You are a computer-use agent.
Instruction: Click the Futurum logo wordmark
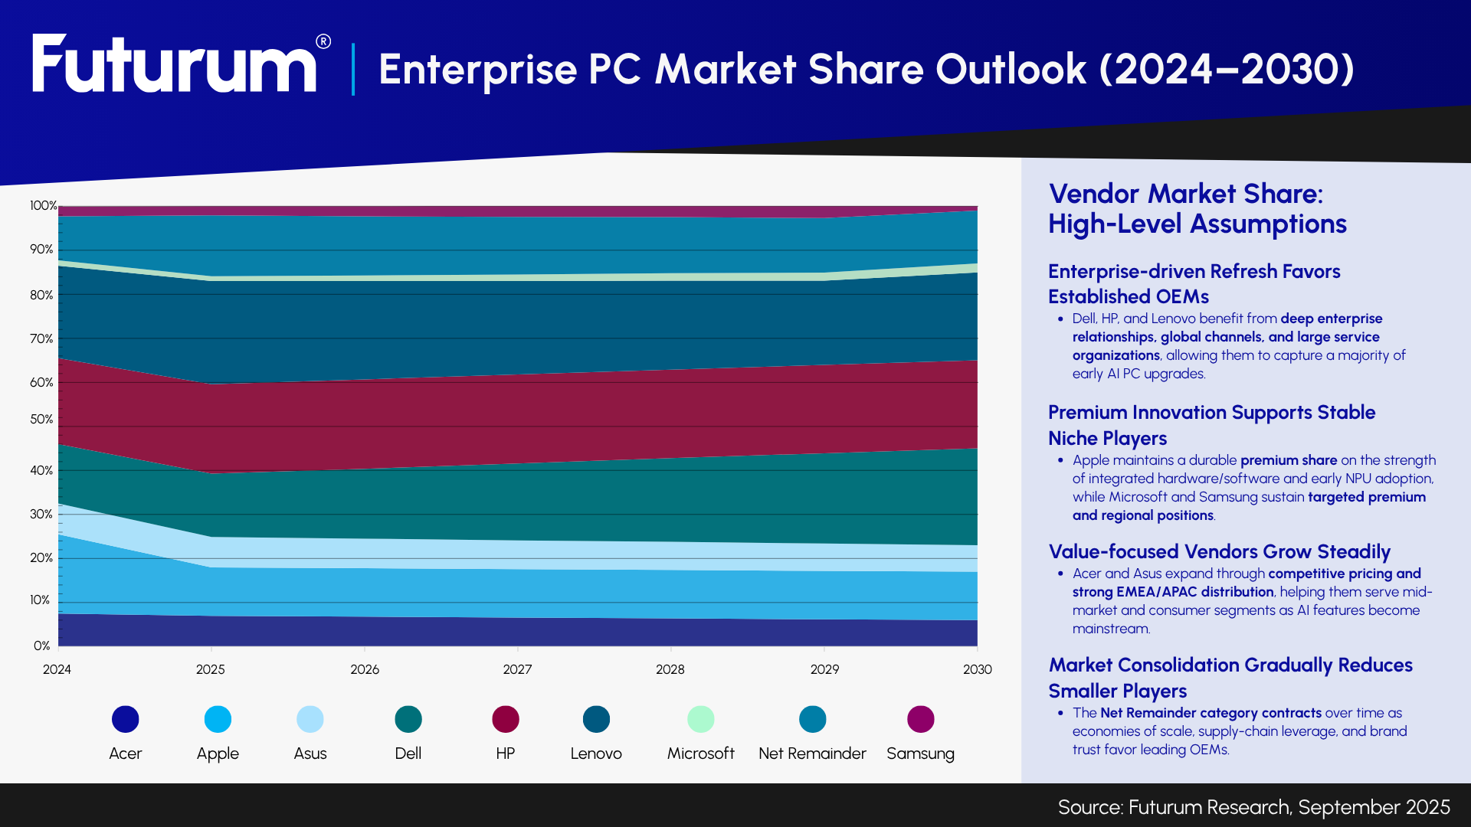click(x=174, y=65)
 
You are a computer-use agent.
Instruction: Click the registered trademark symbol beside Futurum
click(x=323, y=41)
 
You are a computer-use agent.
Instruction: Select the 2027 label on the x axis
click(x=517, y=669)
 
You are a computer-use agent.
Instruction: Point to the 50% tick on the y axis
click(x=41, y=420)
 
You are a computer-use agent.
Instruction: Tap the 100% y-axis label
click(x=43, y=205)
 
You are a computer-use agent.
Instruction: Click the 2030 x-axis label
click(x=977, y=669)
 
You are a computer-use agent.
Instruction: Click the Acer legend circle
click(x=126, y=719)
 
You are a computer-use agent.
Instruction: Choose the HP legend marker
click(x=506, y=719)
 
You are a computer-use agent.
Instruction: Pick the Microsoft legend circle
click(x=700, y=719)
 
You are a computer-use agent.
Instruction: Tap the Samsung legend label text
click(x=920, y=753)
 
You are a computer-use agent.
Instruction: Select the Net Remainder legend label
click(x=812, y=753)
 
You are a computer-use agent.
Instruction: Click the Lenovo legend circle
click(x=596, y=719)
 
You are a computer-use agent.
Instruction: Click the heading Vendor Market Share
click(x=1185, y=194)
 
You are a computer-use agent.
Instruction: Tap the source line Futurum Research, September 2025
click(x=1253, y=807)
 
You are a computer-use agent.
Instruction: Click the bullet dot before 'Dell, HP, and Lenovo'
click(x=1060, y=319)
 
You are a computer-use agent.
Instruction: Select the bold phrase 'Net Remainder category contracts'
click(x=1211, y=713)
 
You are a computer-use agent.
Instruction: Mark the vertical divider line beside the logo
click(x=353, y=69)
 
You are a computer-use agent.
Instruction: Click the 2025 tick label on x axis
click(x=210, y=669)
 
